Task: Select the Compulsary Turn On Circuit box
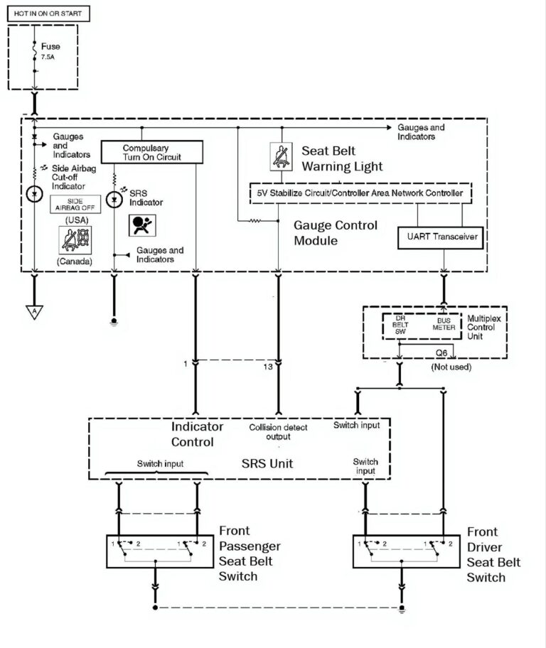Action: coord(152,151)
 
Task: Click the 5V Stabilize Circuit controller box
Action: coord(360,193)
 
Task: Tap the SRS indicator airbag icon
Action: coord(139,225)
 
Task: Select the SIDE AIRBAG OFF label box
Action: coord(75,205)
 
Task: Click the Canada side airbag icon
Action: coord(75,240)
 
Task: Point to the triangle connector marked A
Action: coord(34,312)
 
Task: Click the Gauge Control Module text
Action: coord(336,233)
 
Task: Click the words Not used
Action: coord(451,367)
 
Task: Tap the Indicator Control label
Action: coord(197,434)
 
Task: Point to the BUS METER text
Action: coord(444,325)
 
